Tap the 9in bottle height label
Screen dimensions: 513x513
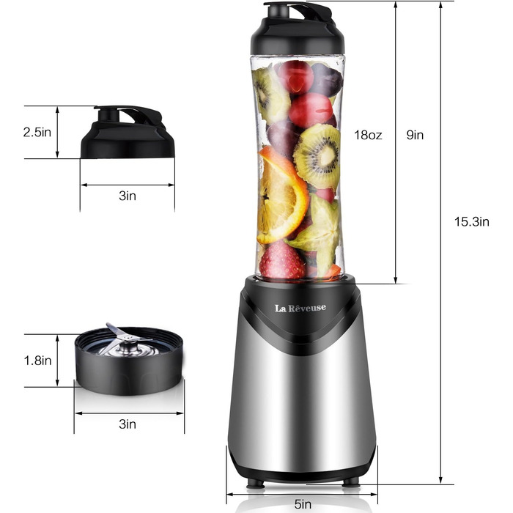[416, 135]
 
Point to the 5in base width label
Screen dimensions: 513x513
[302, 503]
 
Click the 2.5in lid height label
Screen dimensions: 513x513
[36, 133]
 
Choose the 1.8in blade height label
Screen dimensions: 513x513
[36, 361]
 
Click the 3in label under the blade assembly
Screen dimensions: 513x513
[127, 424]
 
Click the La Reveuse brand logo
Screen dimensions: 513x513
[302, 308]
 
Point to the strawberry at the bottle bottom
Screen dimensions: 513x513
[282, 262]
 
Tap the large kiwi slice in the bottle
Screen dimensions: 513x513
[317, 155]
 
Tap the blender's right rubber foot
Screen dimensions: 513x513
[351, 482]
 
